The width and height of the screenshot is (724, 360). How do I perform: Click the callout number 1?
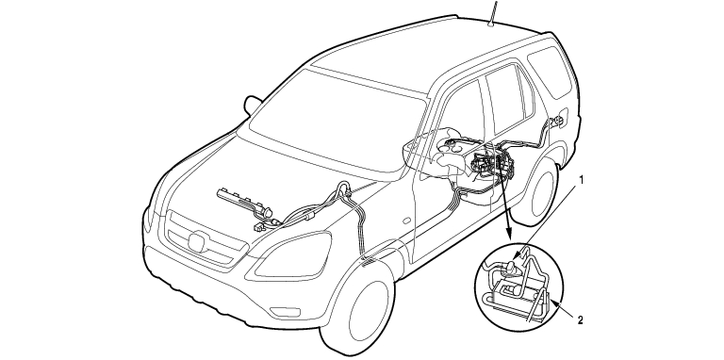click(582, 180)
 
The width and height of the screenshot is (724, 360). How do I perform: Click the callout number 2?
click(581, 320)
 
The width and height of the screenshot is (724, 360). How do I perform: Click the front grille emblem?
click(198, 242)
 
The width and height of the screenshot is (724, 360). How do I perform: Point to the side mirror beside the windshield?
click(253, 105)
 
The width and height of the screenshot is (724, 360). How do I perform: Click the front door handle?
click(407, 221)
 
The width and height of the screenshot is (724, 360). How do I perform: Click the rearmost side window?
click(551, 71)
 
